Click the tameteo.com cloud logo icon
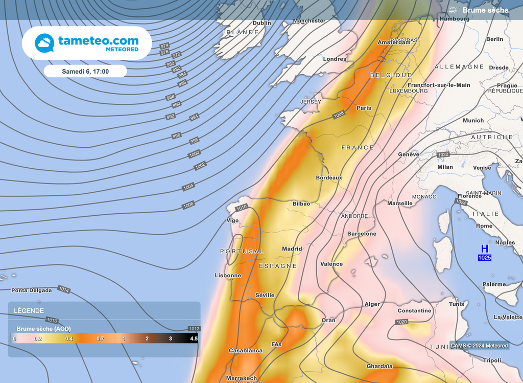click(x=44, y=42)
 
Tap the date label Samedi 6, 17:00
click(x=85, y=72)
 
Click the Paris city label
click(x=364, y=108)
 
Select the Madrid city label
click(x=292, y=249)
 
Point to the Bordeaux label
click(x=329, y=178)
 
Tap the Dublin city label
click(x=261, y=23)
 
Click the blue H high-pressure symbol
click(x=485, y=249)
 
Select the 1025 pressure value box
click(x=485, y=258)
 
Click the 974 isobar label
click(x=164, y=46)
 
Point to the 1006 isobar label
click(x=188, y=205)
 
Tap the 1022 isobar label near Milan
click(x=443, y=154)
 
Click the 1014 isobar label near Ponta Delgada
click(x=63, y=289)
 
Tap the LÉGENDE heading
click(x=29, y=311)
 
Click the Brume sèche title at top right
click(x=485, y=10)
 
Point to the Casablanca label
click(x=246, y=351)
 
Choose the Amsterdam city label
click(x=394, y=42)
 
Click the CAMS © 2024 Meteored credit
click(x=479, y=346)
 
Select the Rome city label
click(x=484, y=226)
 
